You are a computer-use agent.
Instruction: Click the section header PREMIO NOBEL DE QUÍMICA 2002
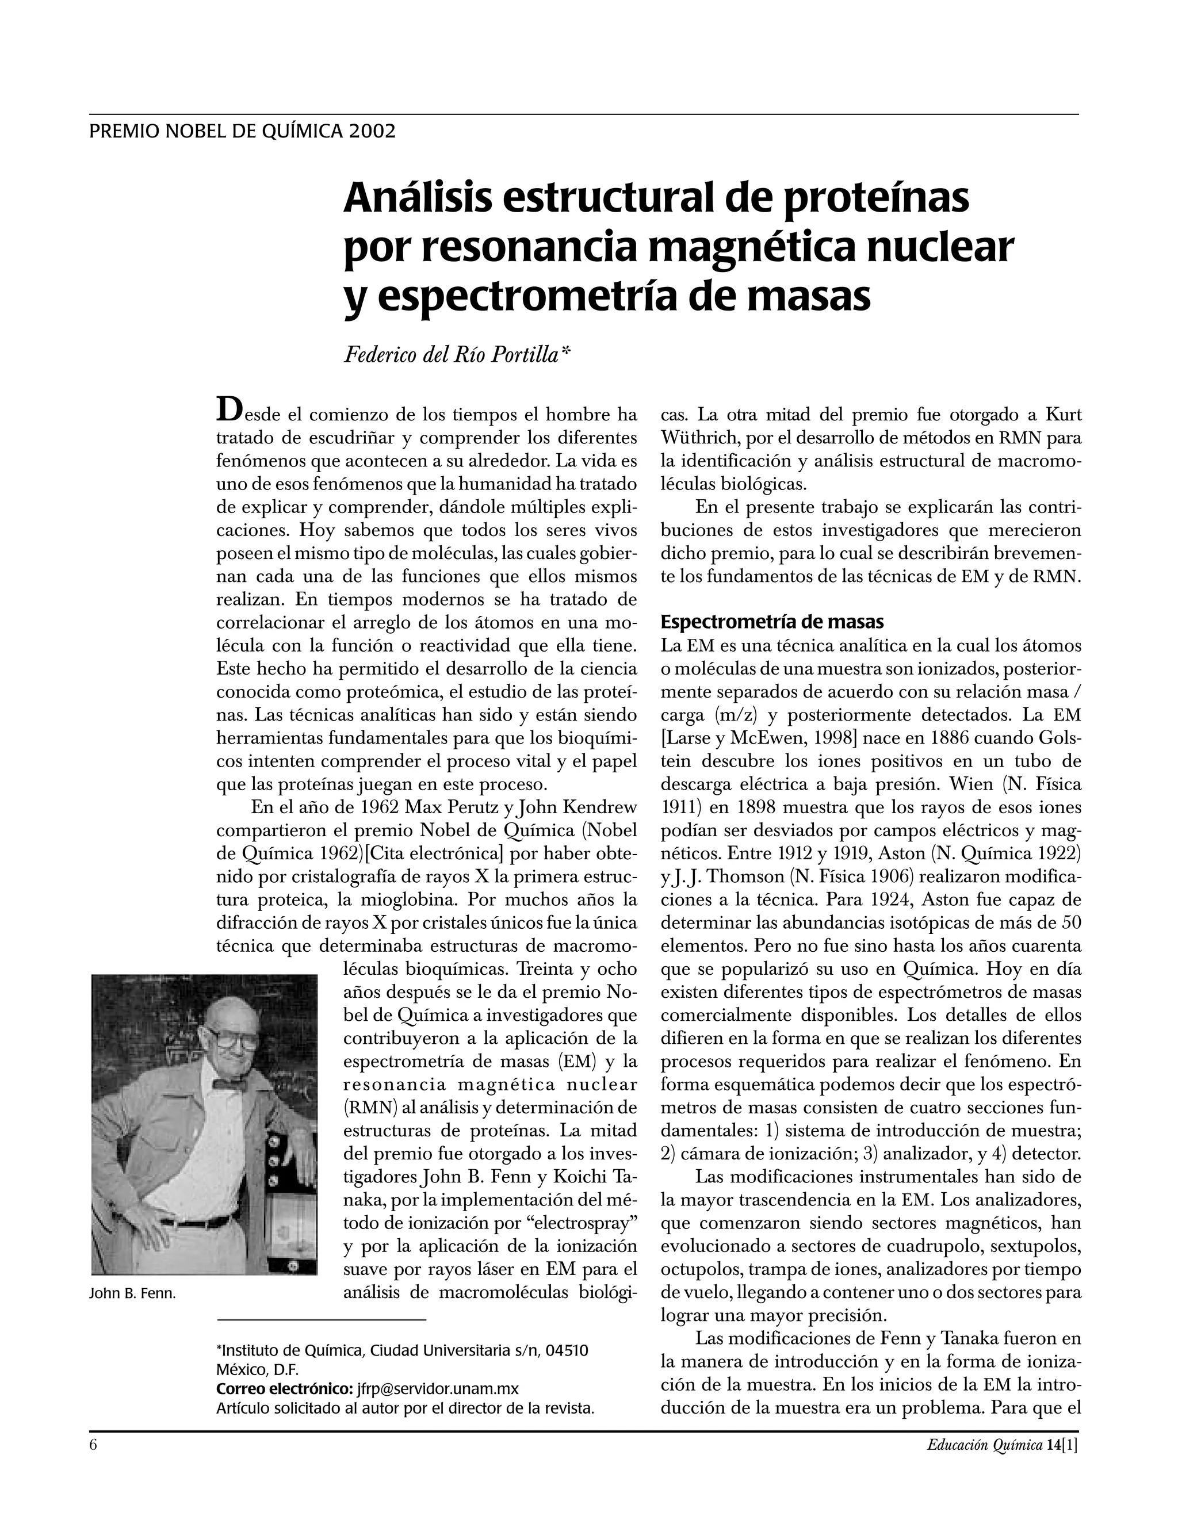(242, 131)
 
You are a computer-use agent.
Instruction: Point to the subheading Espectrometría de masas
(772, 621)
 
